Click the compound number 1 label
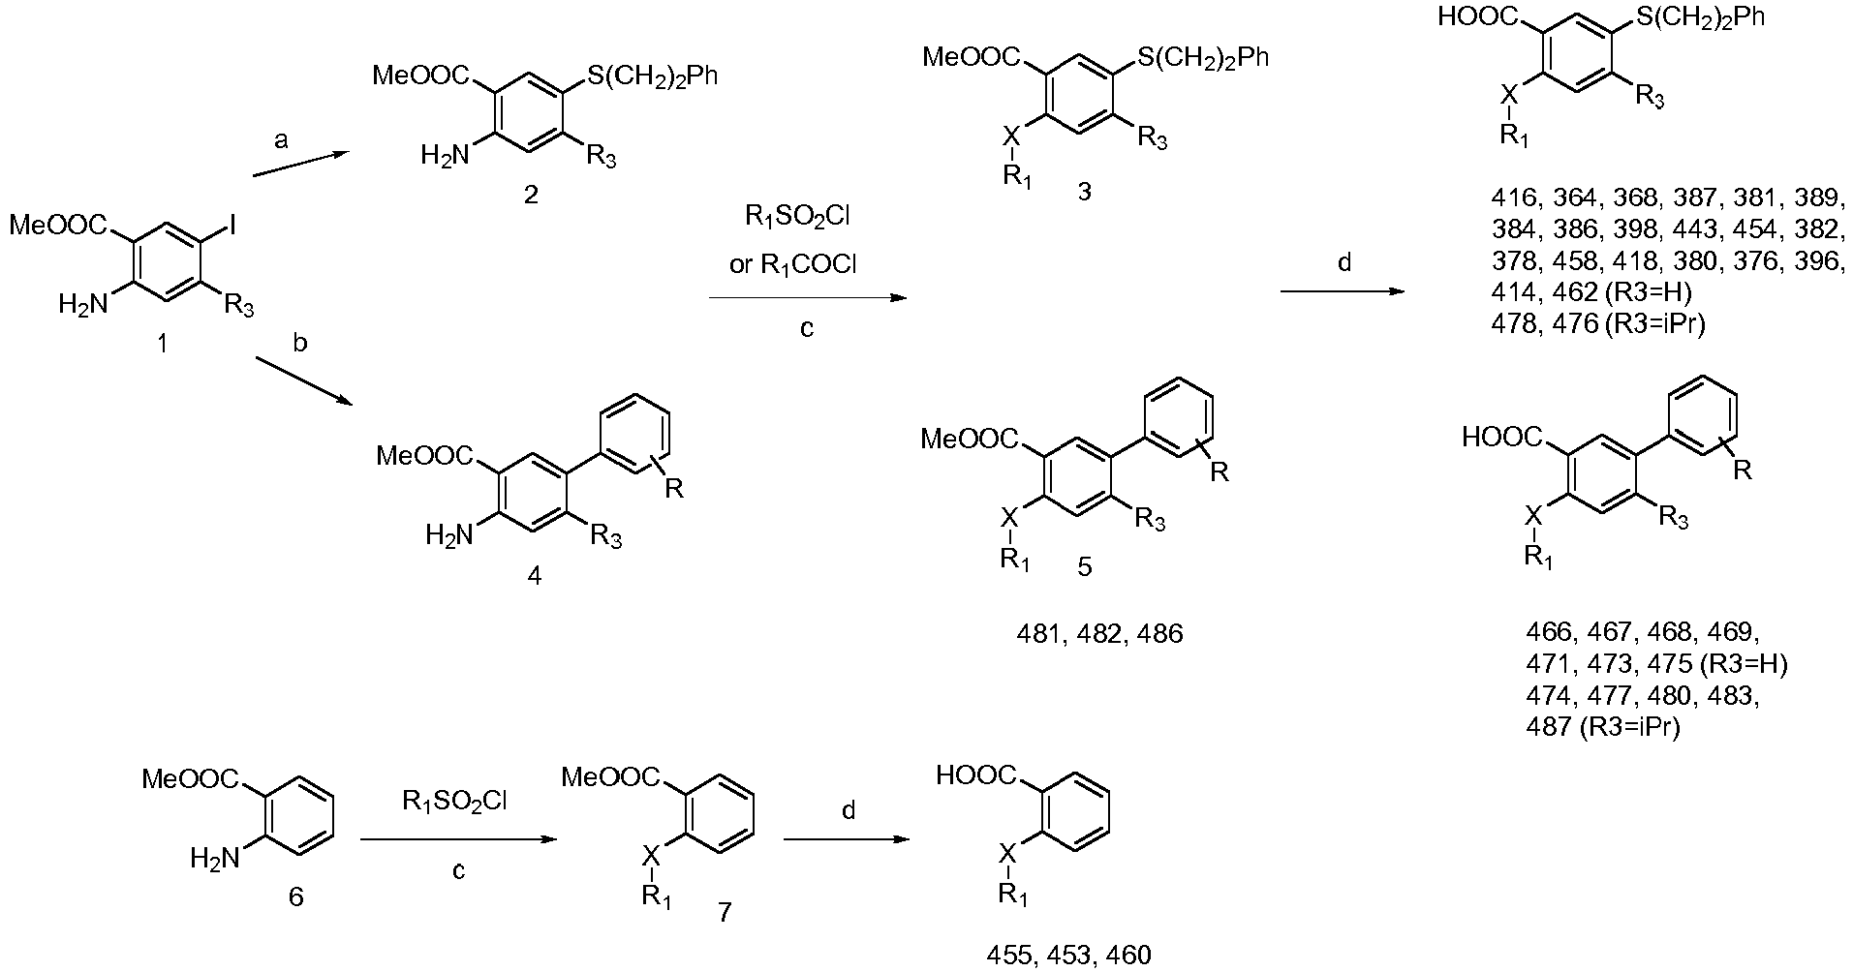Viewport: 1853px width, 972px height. [161, 343]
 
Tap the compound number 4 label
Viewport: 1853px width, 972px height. [534, 577]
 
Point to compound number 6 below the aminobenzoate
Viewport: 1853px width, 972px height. [295, 897]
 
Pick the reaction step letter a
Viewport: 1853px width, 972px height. [281, 140]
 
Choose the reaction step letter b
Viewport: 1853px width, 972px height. [300, 344]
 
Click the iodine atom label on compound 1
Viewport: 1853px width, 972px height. [235, 228]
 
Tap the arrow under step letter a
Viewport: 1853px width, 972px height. [299, 164]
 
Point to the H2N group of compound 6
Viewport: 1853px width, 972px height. [214, 858]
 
